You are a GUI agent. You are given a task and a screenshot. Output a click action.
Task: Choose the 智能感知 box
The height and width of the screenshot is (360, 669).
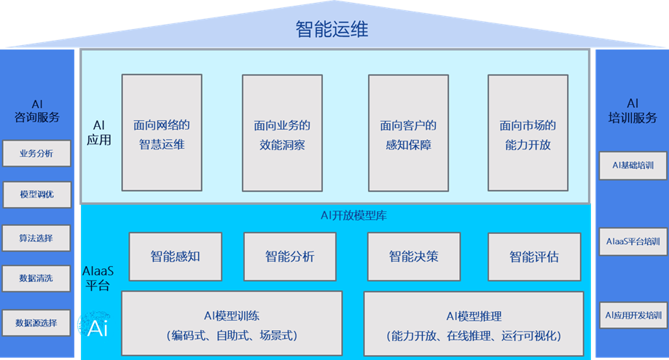pyautogui.click(x=175, y=257)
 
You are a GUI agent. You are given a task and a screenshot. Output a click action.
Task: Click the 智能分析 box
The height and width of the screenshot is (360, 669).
pyautogui.click(x=289, y=257)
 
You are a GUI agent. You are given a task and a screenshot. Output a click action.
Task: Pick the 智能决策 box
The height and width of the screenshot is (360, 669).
pyautogui.click(x=413, y=257)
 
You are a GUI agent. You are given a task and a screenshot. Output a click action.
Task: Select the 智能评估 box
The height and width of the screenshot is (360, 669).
pyautogui.click(x=534, y=257)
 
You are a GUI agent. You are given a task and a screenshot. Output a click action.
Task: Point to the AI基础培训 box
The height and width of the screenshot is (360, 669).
pyautogui.click(x=633, y=165)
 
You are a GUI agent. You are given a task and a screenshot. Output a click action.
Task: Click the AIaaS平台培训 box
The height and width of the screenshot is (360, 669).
pyautogui.click(x=633, y=241)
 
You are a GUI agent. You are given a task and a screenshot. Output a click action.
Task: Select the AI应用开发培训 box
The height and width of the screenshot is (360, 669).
pyautogui.click(x=633, y=316)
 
